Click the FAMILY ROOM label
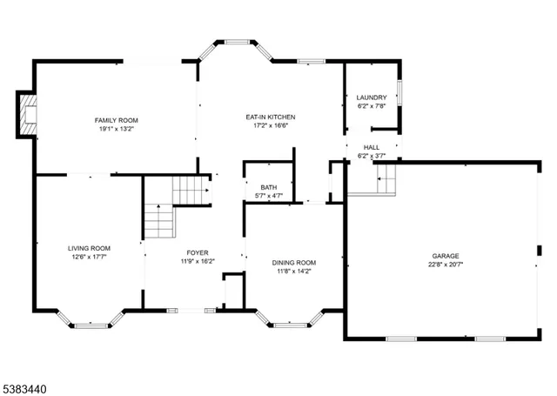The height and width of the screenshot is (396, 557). click(x=117, y=120)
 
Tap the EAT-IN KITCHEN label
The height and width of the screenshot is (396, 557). click(x=269, y=117)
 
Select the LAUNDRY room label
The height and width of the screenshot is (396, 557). click(x=372, y=97)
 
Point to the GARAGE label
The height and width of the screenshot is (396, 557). click(x=445, y=256)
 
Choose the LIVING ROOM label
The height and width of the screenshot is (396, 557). click(x=90, y=247)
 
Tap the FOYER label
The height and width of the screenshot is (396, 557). click(x=198, y=252)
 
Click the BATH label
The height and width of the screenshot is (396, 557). click(x=268, y=187)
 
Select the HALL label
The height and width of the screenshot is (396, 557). click(x=372, y=147)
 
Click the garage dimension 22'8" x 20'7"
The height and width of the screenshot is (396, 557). click(x=445, y=265)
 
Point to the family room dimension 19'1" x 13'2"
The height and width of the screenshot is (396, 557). click(x=117, y=129)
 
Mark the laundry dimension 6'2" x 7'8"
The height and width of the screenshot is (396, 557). click(x=372, y=106)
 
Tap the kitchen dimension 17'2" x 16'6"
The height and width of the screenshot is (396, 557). click(x=269, y=125)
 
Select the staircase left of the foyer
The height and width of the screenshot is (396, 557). click(x=159, y=221)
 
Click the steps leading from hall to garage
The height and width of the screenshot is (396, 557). click(x=386, y=180)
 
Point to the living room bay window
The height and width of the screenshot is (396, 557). click(x=91, y=323)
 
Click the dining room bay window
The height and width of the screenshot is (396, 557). click(x=290, y=323)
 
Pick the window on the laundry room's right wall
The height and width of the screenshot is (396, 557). click(x=399, y=91)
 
